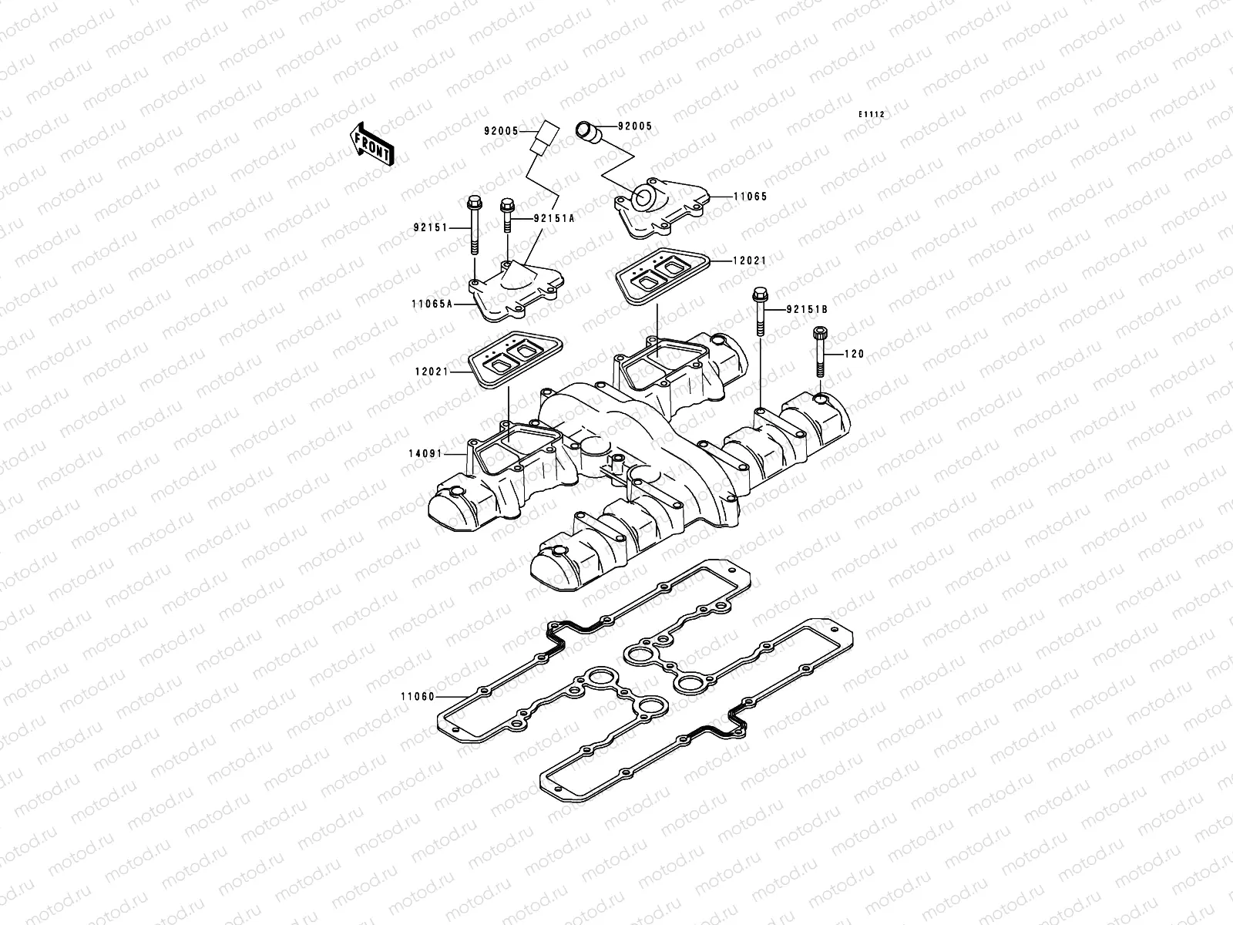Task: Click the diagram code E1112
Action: point(872,115)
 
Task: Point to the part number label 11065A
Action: point(432,304)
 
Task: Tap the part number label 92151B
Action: point(807,309)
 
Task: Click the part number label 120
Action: point(855,355)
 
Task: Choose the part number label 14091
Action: point(425,454)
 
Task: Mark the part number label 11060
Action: point(417,697)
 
